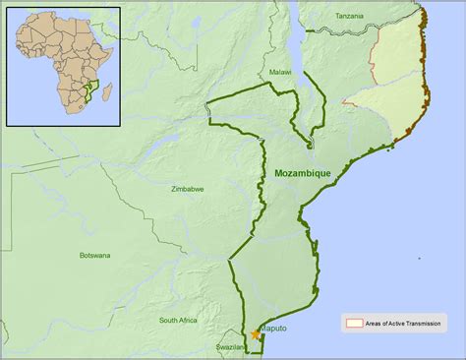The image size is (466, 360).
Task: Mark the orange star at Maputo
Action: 257,334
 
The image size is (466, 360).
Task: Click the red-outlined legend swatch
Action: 353,323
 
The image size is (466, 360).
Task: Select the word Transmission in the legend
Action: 420,323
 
